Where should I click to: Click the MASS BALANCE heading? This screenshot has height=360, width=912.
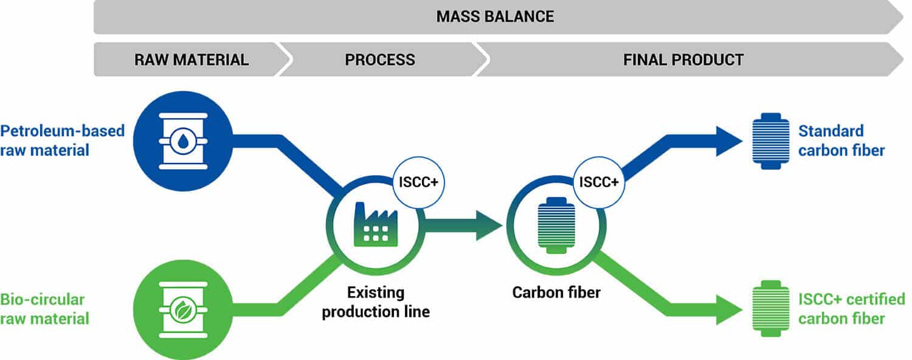[495, 16]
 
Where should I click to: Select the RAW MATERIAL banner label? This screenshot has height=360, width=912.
[192, 60]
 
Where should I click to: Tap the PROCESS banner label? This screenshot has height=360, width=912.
[380, 60]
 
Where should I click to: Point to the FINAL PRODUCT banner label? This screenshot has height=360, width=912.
[683, 60]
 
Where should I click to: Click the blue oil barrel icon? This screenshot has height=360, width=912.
[183, 141]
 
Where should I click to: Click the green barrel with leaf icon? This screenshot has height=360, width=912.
[183, 310]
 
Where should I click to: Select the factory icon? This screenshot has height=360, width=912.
[375, 224]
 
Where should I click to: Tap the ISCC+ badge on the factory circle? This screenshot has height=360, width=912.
[418, 182]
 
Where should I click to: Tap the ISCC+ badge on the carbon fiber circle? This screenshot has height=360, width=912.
[598, 182]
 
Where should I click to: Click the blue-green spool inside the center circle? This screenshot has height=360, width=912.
[556, 225]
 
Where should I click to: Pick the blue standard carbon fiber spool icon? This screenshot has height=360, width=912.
[771, 141]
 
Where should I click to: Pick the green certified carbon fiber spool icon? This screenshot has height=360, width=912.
[771, 309]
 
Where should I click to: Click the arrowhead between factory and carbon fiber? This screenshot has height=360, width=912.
[489, 225]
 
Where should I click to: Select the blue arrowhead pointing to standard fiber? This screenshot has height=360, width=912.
[729, 141]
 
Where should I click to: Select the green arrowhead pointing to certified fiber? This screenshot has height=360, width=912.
[729, 310]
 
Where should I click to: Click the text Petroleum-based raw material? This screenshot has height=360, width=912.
[62, 140]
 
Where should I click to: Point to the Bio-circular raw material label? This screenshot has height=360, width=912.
[44, 309]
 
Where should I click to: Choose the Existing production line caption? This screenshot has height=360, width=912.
[375, 302]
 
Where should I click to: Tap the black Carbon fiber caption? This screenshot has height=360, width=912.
[556, 292]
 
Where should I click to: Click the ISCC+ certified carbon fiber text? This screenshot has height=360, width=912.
[851, 309]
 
